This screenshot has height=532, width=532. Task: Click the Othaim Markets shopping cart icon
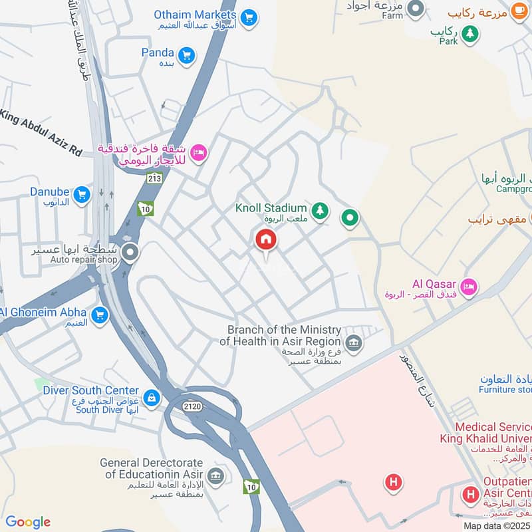pos(249,17)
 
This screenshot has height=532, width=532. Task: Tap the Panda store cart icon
pos(186,55)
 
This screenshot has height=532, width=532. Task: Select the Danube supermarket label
pos(49,192)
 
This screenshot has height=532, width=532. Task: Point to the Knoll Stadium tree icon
pos(321,210)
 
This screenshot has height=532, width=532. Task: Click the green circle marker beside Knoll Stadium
pos(350,217)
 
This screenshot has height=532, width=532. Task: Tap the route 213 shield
pos(155,178)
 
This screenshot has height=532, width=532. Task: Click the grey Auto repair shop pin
pos(130,253)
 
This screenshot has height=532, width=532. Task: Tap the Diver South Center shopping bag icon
pos(152,398)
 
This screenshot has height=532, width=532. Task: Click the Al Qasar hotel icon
pos(469,287)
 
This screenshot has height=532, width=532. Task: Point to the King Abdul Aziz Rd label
pos(41,133)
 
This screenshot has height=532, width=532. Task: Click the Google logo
pos(28,522)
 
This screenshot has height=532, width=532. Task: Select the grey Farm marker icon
pos(416,9)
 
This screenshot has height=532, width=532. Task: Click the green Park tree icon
pos(470,33)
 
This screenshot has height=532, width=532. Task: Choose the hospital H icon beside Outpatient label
pos(471,494)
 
